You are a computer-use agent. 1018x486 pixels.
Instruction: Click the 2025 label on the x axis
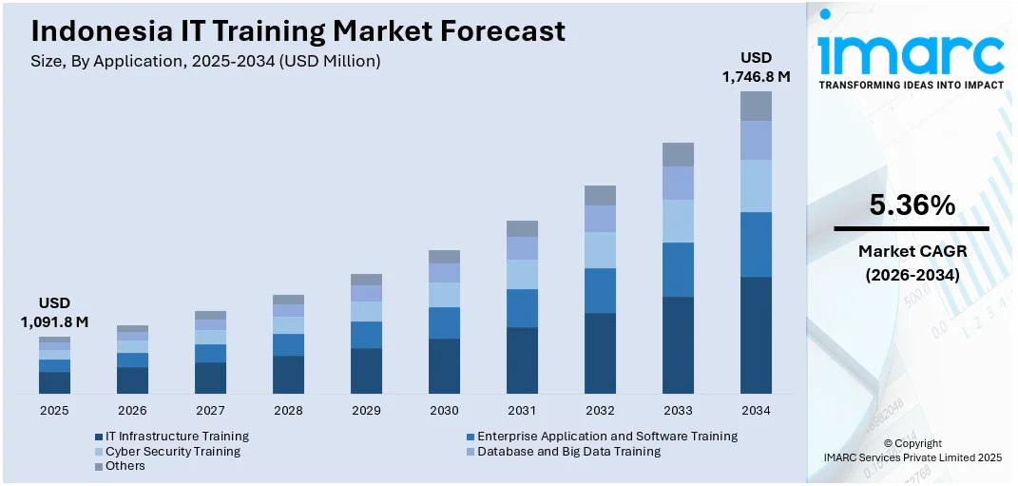pyautogui.click(x=54, y=411)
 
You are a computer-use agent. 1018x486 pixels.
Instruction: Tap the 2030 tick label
pyautogui.click(x=444, y=411)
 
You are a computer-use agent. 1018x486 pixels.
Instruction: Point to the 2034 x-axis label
pyautogui.click(x=756, y=411)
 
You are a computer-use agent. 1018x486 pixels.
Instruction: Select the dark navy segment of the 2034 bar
pyautogui.click(x=756, y=335)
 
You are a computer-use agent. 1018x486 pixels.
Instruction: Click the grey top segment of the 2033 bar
pyautogui.click(x=678, y=154)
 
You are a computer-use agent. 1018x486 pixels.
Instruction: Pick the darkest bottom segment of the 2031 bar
pyautogui.click(x=522, y=360)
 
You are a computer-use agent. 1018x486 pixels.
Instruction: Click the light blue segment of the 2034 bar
pyautogui.click(x=756, y=185)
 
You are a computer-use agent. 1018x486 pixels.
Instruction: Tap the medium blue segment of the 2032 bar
pyautogui.click(x=600, y=290)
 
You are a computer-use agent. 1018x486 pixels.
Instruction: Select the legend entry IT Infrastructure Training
pyautogui.click(x=177, y=437)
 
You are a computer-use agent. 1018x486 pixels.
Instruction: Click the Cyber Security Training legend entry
pyautogui.click(x=172, y=452)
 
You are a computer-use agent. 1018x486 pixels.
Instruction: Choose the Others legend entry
pyautogui.click(x=125, y=467)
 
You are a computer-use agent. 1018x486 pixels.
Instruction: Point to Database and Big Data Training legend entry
pyautogui.click(x=568, y=452)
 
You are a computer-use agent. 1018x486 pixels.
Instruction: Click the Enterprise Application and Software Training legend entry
pyautogui.click(x=606, y=437)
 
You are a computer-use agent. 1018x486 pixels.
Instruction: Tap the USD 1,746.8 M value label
pyautogui.click(x=757, y=68)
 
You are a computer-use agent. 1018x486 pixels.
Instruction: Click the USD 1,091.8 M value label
pyautogui.click(x=54, y=313)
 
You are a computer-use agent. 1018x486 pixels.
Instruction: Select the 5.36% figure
pyautogui.click(x=912, y=204)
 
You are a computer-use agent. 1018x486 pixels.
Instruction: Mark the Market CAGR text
pyautogui.click(x=912, y=252)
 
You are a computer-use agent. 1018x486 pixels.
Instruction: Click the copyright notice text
pyautogui.click(x=912, y=451)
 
